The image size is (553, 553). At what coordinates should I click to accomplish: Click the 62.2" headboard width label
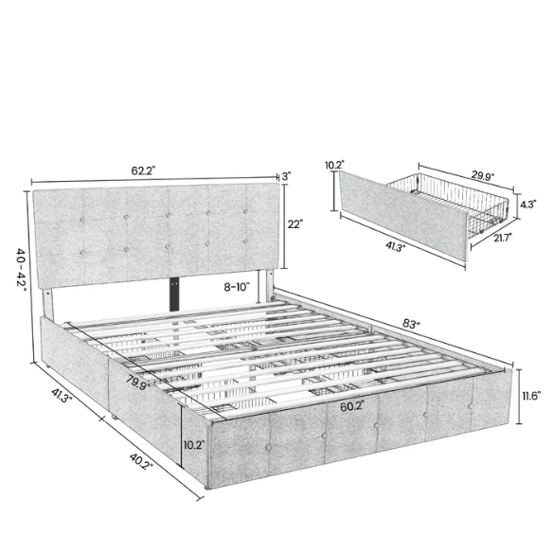(143, 171)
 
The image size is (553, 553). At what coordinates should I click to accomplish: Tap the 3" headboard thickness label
(286, 176)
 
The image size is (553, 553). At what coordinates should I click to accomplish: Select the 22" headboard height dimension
(294, 223)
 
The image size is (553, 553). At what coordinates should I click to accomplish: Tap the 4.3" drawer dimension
(531, 203)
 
